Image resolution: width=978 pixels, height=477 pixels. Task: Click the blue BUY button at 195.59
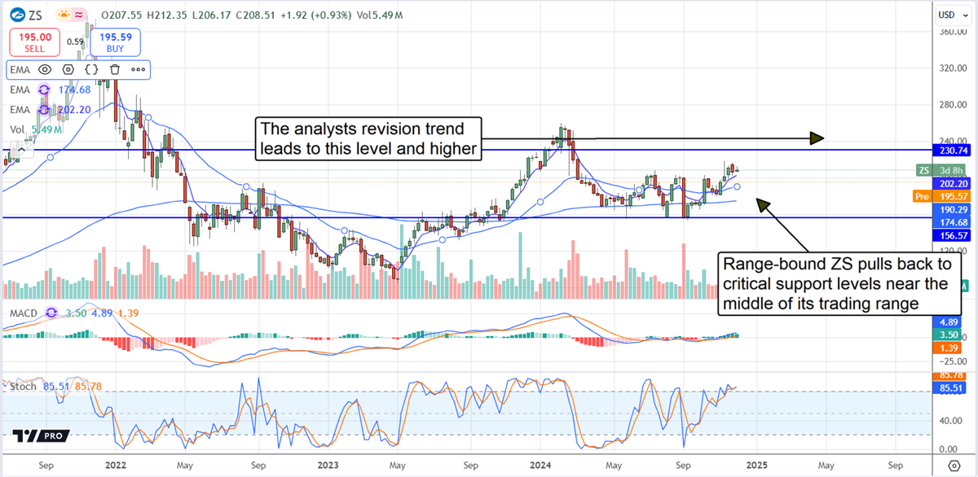(x=116, y=42)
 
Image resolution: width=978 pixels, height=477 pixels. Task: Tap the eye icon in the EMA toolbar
(x=44, y=70)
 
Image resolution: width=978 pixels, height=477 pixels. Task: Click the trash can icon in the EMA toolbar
(x=115, y=70)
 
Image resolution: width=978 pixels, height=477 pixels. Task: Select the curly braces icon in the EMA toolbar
(x=91, y=70)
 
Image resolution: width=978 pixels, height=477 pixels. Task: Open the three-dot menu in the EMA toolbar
(x=137, y=70)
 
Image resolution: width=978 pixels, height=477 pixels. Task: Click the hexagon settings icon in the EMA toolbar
(x=68, y=70)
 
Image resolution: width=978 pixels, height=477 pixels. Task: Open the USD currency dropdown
(x=947, y=15)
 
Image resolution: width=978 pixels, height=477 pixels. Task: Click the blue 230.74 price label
(x=953, y=151)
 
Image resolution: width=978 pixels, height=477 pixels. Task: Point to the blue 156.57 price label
(x=953, y=234)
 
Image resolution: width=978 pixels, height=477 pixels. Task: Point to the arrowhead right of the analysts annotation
(x=817, y=138)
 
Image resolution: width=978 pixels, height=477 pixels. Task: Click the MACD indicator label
(x=24, y=313)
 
